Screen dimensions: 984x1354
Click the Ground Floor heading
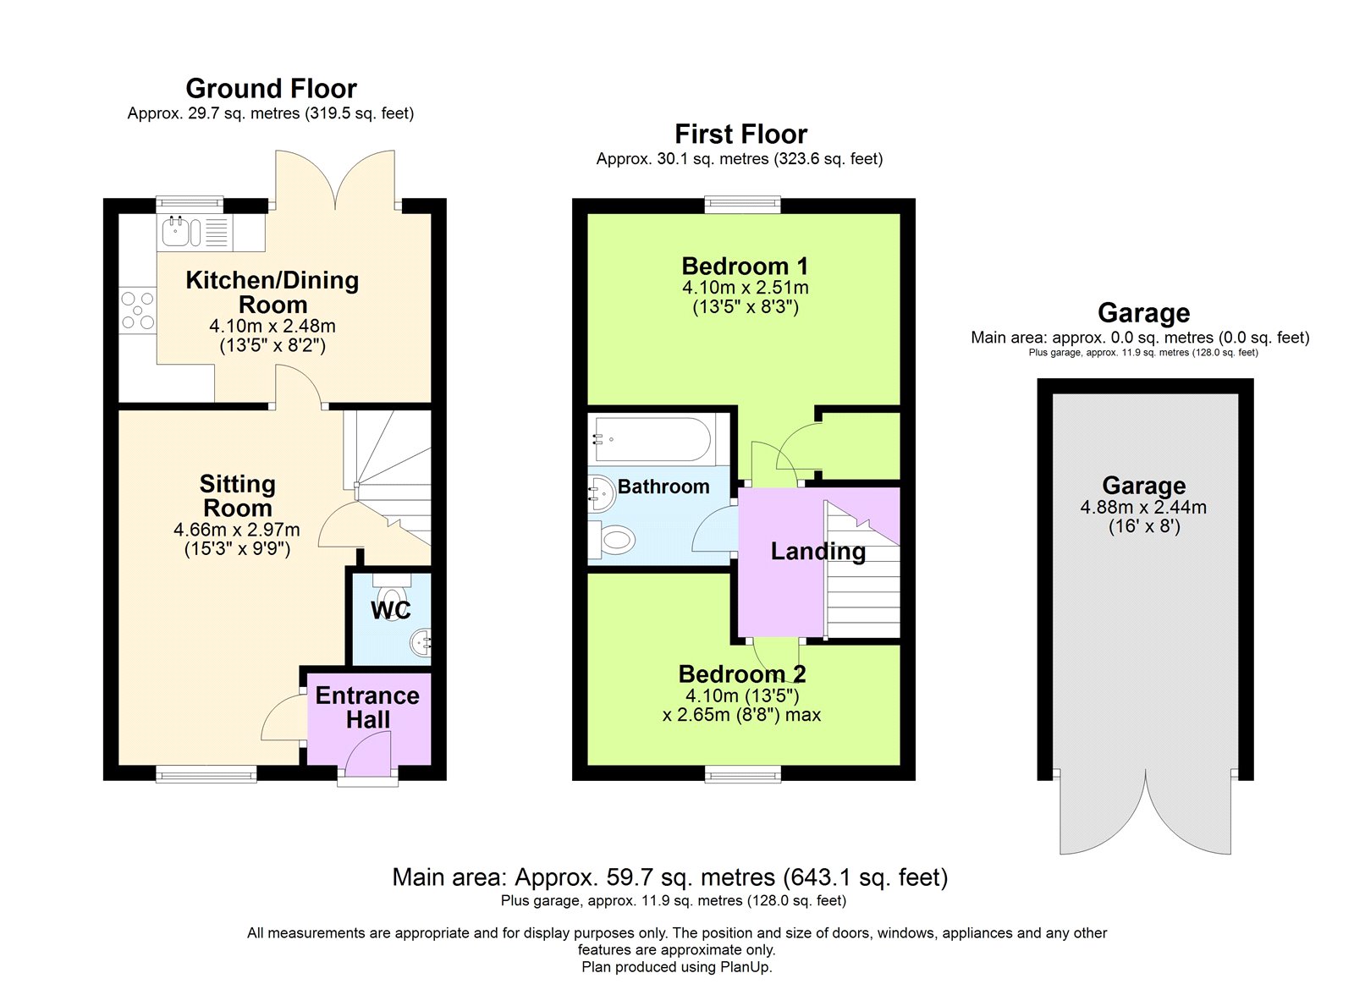coord(271,88)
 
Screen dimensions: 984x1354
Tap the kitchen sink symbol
coord(177,232)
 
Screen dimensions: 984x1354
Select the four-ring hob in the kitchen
coord(137,310)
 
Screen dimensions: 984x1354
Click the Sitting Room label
coord(237,496)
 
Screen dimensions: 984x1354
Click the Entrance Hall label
coord(367,707)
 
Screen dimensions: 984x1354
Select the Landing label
coord(817,552)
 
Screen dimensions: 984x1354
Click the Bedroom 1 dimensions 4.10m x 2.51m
coord(745,288)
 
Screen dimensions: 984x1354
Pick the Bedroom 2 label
coord(742,674)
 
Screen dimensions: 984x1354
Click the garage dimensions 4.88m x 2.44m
coord(1143,508)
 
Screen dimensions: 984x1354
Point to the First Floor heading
coord(740,134)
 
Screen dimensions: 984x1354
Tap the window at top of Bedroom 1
coord(743,204)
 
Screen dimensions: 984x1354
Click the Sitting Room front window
coord(206,773)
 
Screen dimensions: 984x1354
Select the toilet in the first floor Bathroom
coord(615,540)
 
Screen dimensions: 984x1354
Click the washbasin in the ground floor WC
coord(421,644)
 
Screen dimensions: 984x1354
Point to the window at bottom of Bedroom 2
coord(743,773)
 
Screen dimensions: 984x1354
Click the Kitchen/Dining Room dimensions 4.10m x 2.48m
coord(272,326)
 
